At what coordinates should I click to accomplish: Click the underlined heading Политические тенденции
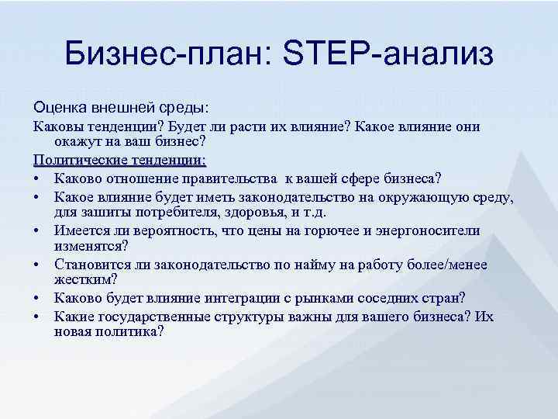[119, 160]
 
